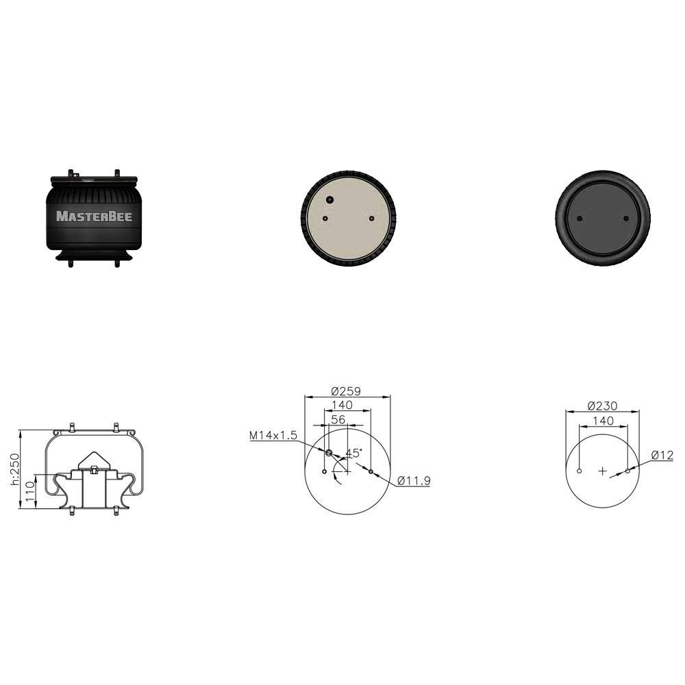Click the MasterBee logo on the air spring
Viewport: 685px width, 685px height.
point(94,216)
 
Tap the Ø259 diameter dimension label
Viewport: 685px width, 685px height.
point(346,391)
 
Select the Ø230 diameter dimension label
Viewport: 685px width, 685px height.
point(602,406)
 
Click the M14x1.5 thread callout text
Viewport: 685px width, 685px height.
point(273,435)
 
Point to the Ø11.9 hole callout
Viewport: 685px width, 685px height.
point(414,481)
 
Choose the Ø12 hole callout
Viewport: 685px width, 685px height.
point(662,456)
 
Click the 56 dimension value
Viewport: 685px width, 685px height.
point(338,419)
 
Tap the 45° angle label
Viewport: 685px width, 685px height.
point(354,453)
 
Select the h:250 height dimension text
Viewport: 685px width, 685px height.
point(15,469)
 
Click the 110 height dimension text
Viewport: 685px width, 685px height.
point(29,491)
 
